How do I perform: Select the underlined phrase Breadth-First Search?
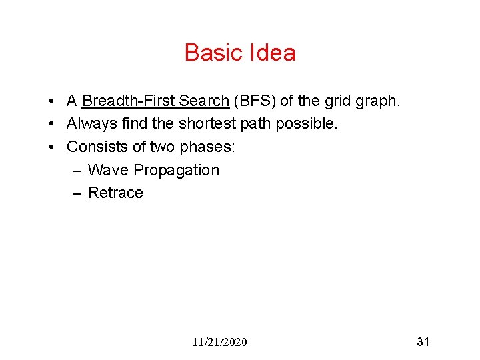point(155,101)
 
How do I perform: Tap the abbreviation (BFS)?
point(255,101)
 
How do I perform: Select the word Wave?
point(108,170)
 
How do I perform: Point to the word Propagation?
point(176,170)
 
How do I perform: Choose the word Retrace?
point(115,193)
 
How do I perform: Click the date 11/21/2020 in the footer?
point(219,342)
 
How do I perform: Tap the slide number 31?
point(423,342)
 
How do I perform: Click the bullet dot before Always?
point(51,124)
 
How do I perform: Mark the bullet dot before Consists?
point(51,147)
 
